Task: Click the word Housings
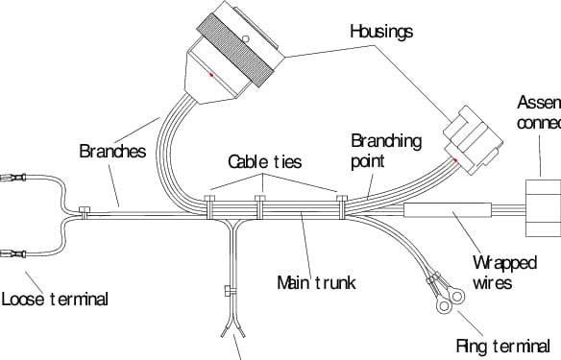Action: (380, 32)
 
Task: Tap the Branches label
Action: (111, 151)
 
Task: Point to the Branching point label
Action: (384, 151)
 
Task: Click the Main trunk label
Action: (316, 282)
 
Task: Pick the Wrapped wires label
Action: (505, 273)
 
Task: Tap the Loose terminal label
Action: (54, 299)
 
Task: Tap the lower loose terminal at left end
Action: (16, 254)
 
